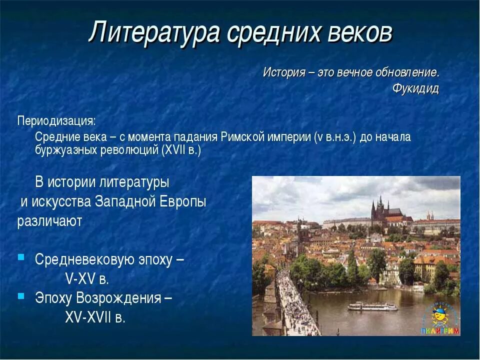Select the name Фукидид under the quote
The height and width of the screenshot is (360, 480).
coord(415,89)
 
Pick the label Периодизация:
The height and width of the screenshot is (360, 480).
coord(56,121)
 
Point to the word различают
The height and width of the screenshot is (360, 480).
coord(49,221)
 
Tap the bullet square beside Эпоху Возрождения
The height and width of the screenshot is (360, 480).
coord(21,296)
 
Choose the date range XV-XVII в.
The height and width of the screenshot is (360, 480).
coord(95,317)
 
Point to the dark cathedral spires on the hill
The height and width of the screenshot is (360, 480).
coord(380,207)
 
